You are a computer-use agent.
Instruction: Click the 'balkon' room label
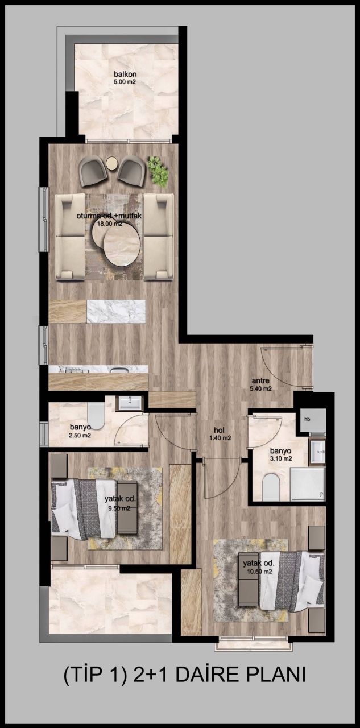(125, 74)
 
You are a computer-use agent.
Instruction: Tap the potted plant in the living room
(157, 170)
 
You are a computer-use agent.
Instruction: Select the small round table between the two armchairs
(113, 164)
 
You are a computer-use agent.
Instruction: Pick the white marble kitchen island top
(116, 311)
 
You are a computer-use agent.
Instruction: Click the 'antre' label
(262, 382)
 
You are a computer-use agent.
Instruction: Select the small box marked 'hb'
(308, 419)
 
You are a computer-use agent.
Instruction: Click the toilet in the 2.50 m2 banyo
(97, 417)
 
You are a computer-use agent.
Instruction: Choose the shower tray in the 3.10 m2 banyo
(308, 484)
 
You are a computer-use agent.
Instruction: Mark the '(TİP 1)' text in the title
(94, 675)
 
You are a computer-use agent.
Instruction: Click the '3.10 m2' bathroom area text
(280, 458)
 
